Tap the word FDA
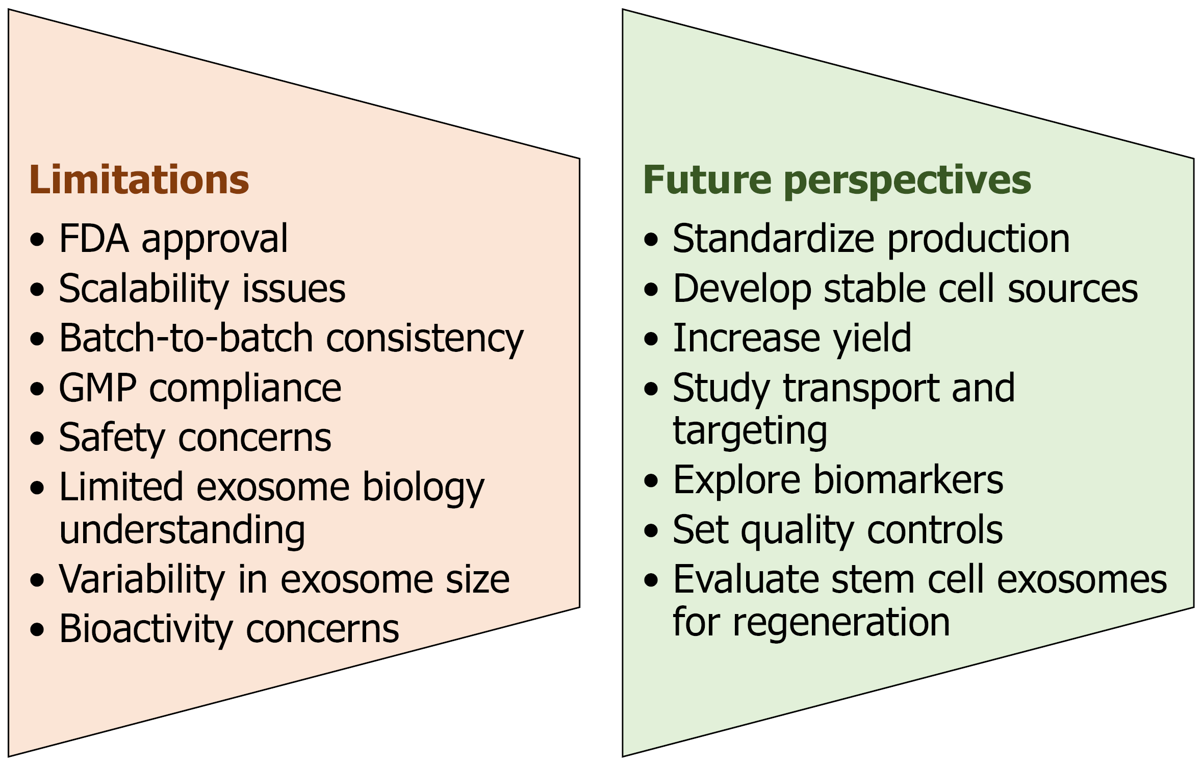pyautogui.click(x=94, y=239)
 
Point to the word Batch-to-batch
pyautogui.click(x=186, y=338)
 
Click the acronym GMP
pyautogui.click(x=97, y=388)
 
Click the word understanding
pyautogui.click(x=182, y=530)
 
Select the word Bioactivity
pyautogui.click(x=146, y=629)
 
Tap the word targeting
pyautogui.click(x=750, y=431)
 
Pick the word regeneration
pyautogui.click(x=841, y=622)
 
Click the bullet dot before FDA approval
pyautogui.click(x=37, y=239)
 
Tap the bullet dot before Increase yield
pyautogui.click(x=651, y=339)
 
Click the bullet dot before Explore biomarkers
pyautogui.click(x=651, y=480)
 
